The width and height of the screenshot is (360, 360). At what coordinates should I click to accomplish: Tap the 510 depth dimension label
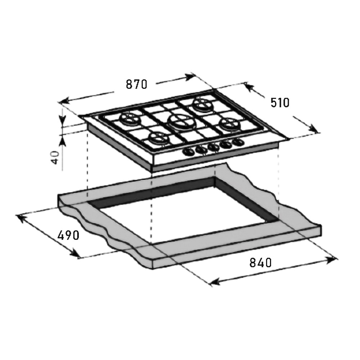[280, 103]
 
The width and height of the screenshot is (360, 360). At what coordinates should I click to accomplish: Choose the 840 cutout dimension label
[260, 263]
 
